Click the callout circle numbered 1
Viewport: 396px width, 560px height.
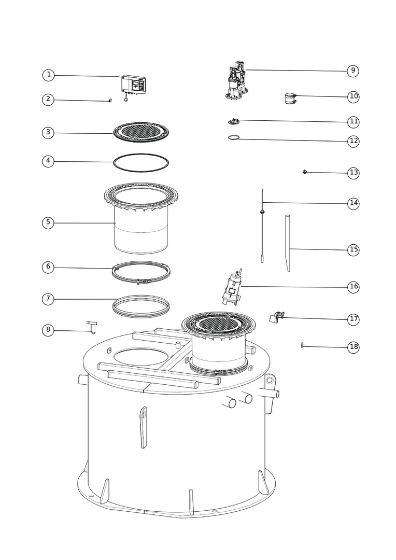[49, 75]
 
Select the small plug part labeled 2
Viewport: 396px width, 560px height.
[110, 101]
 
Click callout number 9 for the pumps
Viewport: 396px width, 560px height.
[353, 71]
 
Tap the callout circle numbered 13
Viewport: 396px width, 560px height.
[353, 173]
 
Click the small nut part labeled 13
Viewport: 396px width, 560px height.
[305, 172]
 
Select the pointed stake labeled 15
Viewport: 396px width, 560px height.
[288, 243]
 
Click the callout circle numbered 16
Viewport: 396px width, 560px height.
[353, 286]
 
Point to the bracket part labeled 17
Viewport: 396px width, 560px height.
[277, 317]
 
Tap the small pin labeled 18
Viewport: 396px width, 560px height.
[303, 345]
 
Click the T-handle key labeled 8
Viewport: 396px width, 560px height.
[92, 328]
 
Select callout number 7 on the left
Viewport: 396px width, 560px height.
[48, 299]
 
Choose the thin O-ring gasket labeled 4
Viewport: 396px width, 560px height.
[141, 162]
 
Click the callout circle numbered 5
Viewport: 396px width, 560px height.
[48, 223]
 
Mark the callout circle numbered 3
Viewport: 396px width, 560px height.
[48, 133]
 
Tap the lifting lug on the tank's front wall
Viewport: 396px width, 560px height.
[144, 427]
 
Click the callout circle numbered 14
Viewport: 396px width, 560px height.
[353, 203]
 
